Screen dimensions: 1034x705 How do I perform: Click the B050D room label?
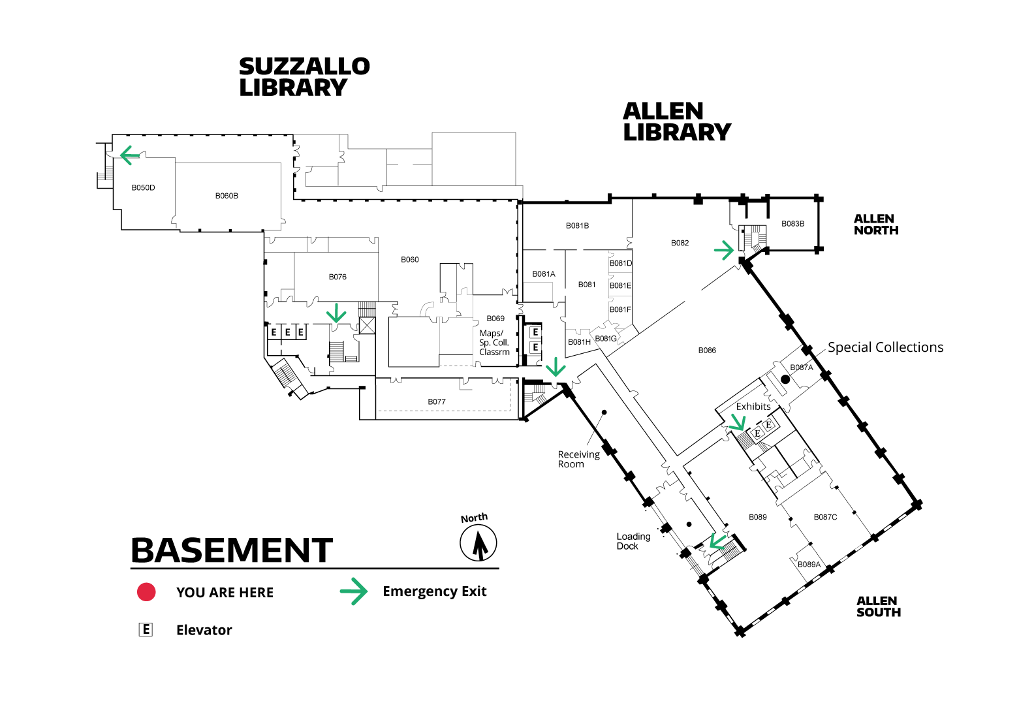pyautogui.click(x=143, y=188)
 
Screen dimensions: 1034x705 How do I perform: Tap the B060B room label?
pyautogui.click(x=227, y=196)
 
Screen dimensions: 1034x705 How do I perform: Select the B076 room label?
pyautogui.click(x=337, y=277)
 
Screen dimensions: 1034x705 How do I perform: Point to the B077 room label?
pyautogui.click(x=437, y=401)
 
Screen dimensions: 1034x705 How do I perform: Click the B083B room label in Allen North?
pyautogui.click(x=792, y=224)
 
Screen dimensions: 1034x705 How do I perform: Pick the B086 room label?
pyautogui.click(x=707, y=351)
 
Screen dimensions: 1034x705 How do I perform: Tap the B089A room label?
pyautogui.click(x=809, y=564)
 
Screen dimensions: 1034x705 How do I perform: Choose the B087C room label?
pyautogui.click(x=825, y=517)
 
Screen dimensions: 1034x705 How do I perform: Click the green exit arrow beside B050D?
pyautogui.click(x=130, y=155)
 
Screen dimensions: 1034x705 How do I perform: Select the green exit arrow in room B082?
pyautogui.click(x=724, y=251)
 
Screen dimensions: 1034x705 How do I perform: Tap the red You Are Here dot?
pyautogui.click(x=146, y=592)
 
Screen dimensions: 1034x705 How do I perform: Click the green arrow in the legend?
pyautogui.click(x=354, y=591)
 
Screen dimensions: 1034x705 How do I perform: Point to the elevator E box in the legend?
pyautogui.click(x=146, y=630)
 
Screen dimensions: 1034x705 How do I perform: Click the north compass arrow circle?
pyautogui.click(x=478, y=543)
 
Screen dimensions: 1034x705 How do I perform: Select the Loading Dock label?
pyautogui.click(x=633, y=541)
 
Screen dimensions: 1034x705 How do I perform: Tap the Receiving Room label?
pyautogui.click(x=578, y=460)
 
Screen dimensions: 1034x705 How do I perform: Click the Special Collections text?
pyautogui.click(x=885, y=347)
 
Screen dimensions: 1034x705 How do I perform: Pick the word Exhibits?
pyautogui.click(x=753, y=406)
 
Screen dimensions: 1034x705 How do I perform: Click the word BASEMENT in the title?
pyautogui.click(x=232, y=550)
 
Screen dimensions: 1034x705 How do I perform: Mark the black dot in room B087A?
pyautogui.click(x=785, y=379)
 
